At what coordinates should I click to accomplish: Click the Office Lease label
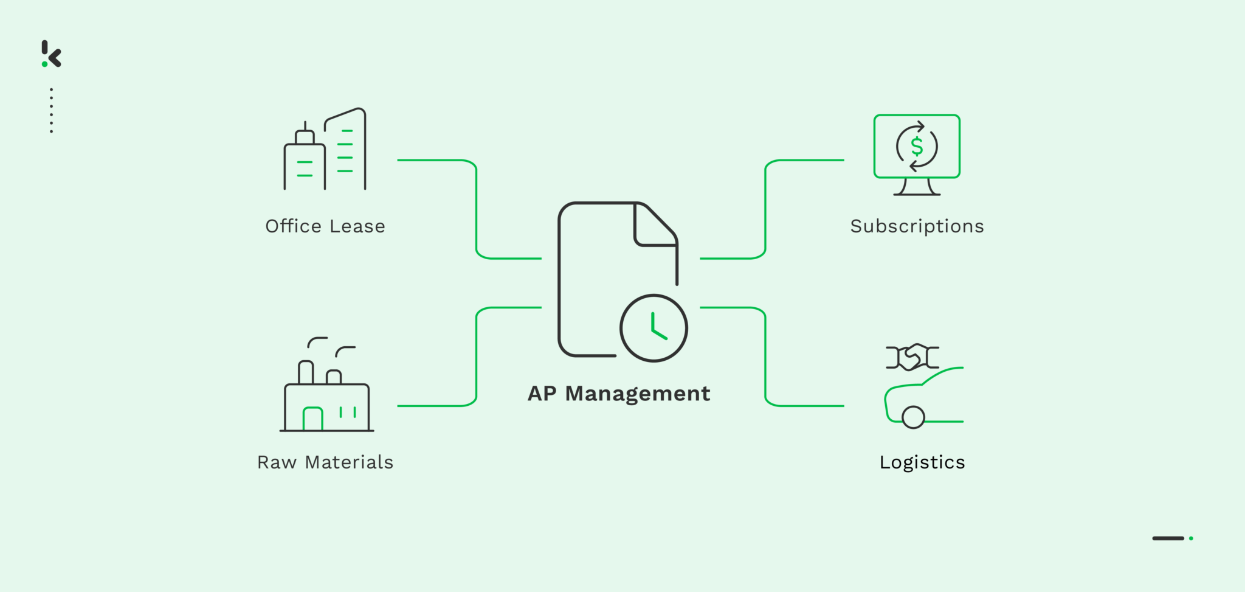pos(325,226)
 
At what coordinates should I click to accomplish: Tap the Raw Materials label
pos(325,462)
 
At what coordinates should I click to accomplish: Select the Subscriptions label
pos(917,226)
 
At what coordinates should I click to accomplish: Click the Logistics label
pos(922,462)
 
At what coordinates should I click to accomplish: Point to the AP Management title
pos(619,394)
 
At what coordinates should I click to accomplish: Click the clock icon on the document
pos(654,328)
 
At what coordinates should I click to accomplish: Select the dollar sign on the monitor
pos(917,147)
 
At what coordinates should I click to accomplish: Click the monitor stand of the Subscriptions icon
pos(917,187)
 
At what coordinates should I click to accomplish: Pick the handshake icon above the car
pos(912,357)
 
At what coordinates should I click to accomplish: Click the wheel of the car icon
pos(913,417)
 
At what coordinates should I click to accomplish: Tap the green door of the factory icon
pos(312,419)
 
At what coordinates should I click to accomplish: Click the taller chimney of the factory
pos(306,372)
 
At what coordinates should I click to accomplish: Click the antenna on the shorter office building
pos(305,126)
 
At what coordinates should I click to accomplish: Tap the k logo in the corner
pos(52,54)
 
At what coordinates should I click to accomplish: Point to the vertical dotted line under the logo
pos(52,110)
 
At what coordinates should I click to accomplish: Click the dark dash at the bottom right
pos(1168,538)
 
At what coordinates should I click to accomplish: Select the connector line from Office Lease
pos(476,207)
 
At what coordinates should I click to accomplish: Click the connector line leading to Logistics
pos(765,359)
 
